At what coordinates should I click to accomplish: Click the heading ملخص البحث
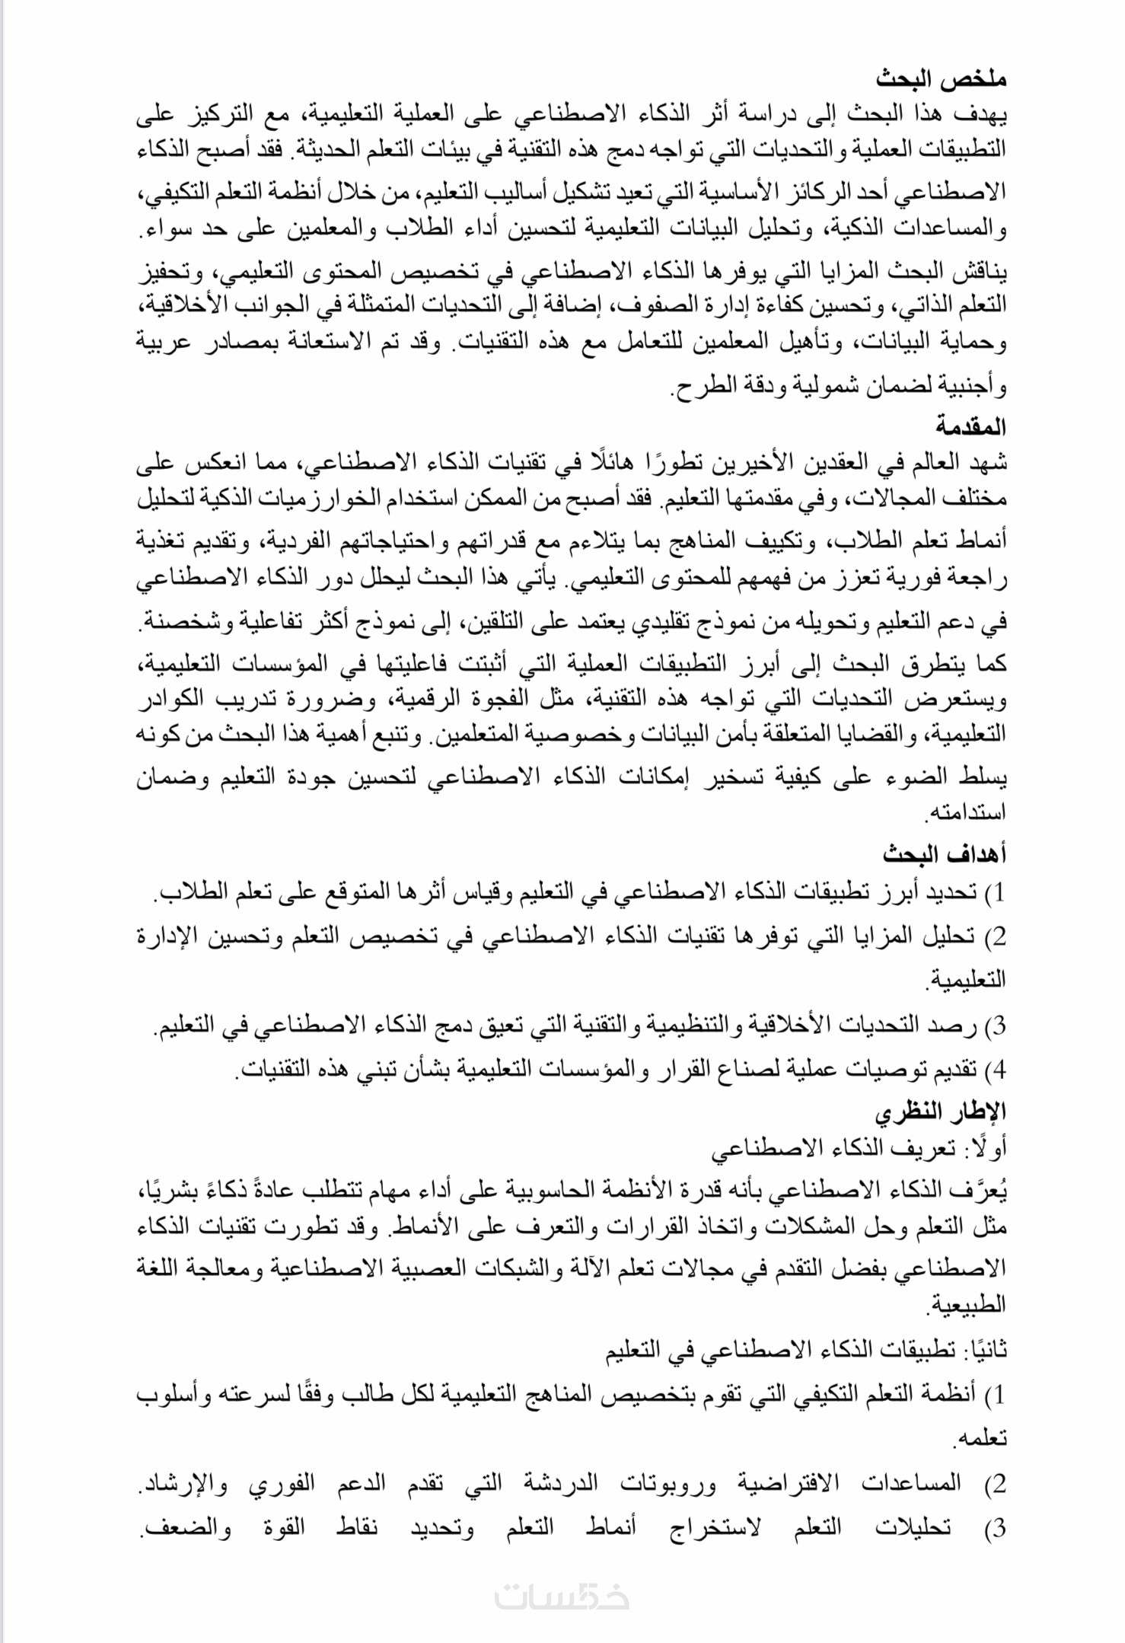click(941, 78)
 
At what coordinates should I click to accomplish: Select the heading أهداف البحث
click(945, 854)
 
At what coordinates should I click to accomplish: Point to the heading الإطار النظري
click(940, 1112)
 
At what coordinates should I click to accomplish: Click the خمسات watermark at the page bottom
click(562, 1596)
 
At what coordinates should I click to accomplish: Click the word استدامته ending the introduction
click(965, 812)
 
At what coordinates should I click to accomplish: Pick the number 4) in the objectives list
click(995, 1070)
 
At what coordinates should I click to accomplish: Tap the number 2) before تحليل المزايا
click(995, 936)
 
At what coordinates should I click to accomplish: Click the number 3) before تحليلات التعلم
click(995, 1527)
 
